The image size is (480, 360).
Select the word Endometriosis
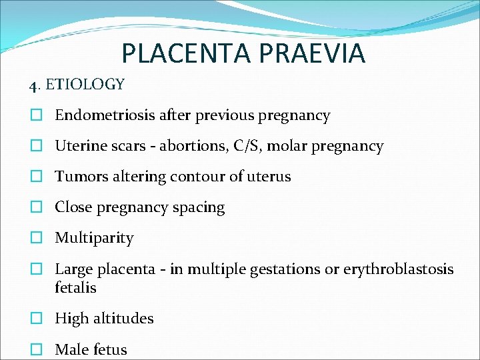tap(105, 115)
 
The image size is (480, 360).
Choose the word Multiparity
tap(94, 238)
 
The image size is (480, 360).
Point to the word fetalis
tap(75, 288)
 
